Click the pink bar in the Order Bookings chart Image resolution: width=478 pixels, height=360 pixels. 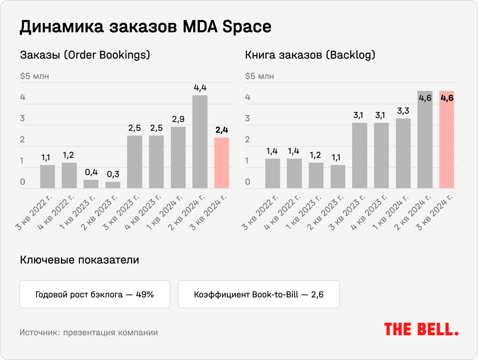(221, 163)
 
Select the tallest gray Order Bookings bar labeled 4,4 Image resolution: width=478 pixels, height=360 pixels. (200, 142)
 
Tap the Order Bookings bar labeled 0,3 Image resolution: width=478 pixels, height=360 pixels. (113, 185)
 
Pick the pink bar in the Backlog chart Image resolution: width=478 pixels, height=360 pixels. (447, 140)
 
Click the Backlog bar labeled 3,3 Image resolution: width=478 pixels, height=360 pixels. (403, 153)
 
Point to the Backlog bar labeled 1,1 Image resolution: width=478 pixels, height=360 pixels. (338, 176)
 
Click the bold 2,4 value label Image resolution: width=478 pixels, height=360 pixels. (221, 130)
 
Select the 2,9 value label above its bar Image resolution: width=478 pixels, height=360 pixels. (178, 119)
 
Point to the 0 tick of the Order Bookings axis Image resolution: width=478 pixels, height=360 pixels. (23, 182)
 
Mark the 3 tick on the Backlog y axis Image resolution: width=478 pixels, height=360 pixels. (247, 118)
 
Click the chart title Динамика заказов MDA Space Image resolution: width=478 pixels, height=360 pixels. (145, 27)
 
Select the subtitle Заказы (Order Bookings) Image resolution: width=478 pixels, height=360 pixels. (85, 55)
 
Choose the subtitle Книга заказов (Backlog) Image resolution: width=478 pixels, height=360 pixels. (310, 55)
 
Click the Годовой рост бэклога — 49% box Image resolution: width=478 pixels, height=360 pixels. (95, 295)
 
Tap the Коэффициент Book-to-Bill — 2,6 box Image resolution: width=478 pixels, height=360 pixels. (259, 295)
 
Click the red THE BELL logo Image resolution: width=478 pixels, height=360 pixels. (421, 329)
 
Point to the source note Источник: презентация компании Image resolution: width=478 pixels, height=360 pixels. (88, 332)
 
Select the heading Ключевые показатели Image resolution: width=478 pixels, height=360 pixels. (79, 260)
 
